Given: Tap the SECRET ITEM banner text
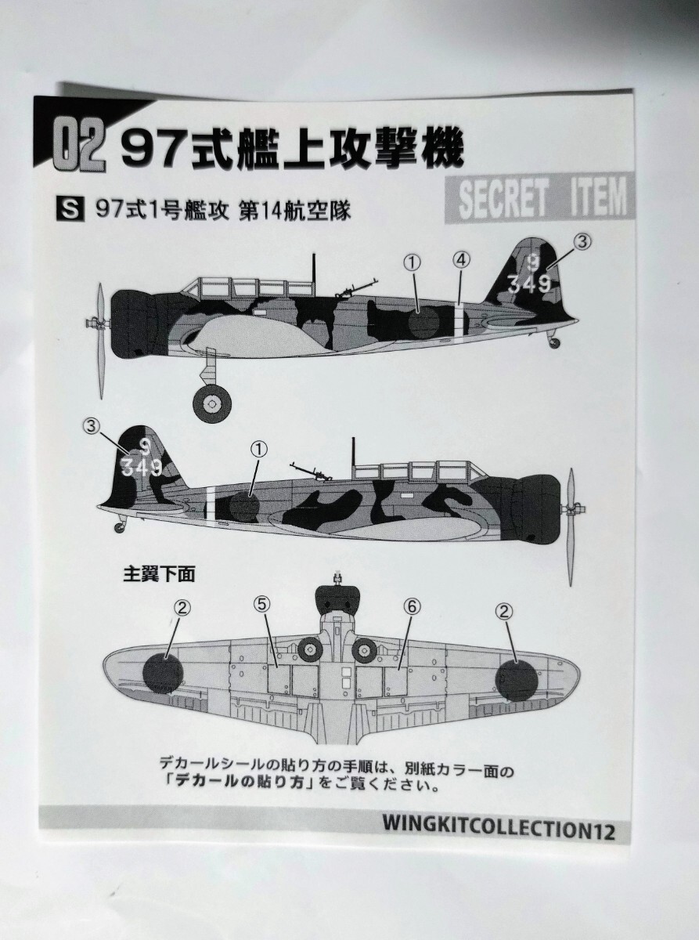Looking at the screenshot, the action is coord(542,198).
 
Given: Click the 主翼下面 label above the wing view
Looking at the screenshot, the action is coord(159,574).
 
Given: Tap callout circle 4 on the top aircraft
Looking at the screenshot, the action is coord(461,260).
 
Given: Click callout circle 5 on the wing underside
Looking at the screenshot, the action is coord(261,607).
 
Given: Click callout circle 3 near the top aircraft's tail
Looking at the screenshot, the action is coord(582,242).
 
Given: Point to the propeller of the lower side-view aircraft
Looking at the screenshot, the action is coord(572,509).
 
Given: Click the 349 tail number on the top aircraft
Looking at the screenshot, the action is coord(529,284).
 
